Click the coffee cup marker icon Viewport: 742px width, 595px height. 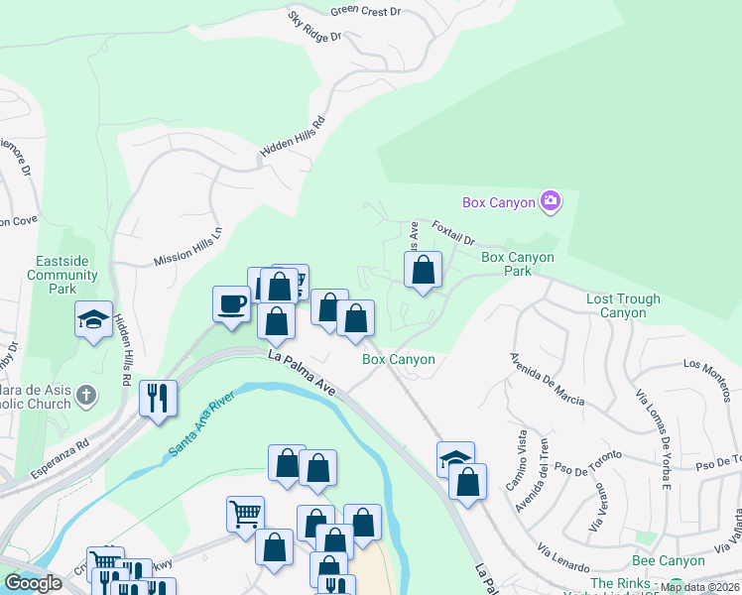coord(231,302)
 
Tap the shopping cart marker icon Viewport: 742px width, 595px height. coord(245,513)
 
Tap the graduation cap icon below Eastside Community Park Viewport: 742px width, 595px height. coord(93,319)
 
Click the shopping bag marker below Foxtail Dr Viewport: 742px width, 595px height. coord(423,269)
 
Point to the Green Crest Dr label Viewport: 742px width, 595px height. coord(366,11)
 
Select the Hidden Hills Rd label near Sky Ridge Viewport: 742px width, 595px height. coord(293,136)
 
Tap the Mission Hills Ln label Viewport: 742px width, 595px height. coord(188,245)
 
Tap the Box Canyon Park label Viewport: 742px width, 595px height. coord(517,263)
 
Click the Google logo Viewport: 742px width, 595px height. coord(33,583)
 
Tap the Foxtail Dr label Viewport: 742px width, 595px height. coord(454,233)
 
